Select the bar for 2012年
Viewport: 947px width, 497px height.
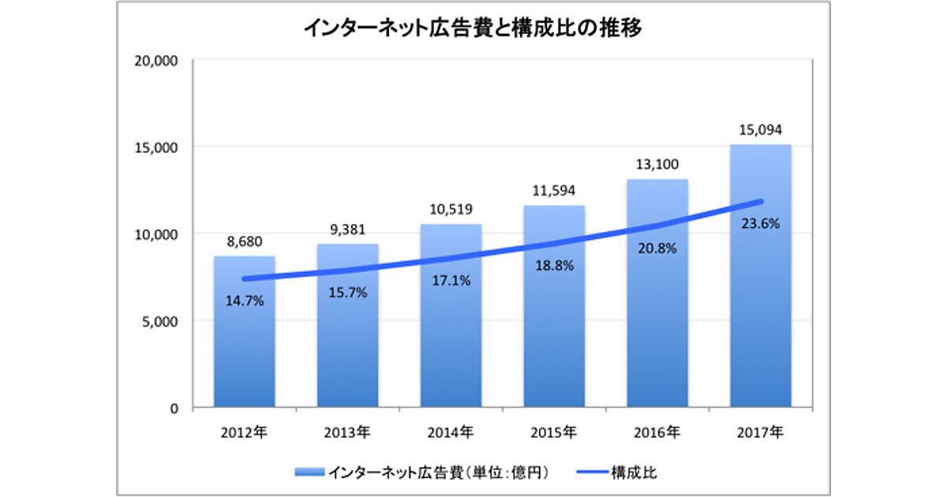pos(245,347)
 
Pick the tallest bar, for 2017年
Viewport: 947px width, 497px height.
pos(761,316)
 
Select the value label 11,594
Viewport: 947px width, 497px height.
pos(555,190)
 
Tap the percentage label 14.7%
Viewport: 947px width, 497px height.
pos(245,301)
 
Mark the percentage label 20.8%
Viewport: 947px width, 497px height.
pos(658,248)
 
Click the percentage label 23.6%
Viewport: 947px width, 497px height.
pos(761,223)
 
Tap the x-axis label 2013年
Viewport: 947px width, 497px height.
pos(348,432)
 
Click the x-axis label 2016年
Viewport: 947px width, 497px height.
pos(658,432)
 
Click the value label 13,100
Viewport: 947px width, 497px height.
pos(658,164)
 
